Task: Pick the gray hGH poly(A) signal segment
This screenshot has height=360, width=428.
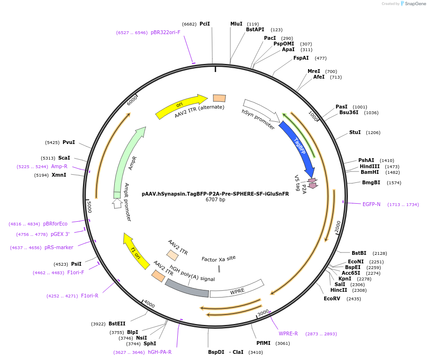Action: tap(187, 288)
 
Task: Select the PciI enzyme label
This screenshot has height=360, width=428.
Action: tap(204, 24)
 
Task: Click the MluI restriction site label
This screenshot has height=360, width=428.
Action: tap(236, 24)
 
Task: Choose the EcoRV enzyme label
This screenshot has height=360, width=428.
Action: tap(332, 298)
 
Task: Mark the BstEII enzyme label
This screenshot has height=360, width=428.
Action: tap(117, 324)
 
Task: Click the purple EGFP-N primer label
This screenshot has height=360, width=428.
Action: tap(372, 204)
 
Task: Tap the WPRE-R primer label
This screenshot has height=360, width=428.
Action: tap(288, 333)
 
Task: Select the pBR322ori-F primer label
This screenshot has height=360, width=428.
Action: tap(165, 32)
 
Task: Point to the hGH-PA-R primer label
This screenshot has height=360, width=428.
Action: tap(160, 352)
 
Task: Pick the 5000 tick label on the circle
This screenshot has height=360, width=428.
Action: tap(89, 207)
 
